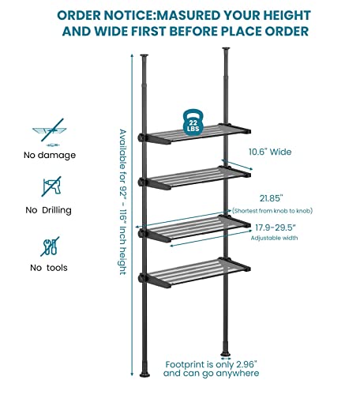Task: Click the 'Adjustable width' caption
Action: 274,237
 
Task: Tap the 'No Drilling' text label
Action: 49,210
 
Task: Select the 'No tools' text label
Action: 49,268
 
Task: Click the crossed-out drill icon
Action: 48,186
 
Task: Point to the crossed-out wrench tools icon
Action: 48,244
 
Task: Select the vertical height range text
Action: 122,202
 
